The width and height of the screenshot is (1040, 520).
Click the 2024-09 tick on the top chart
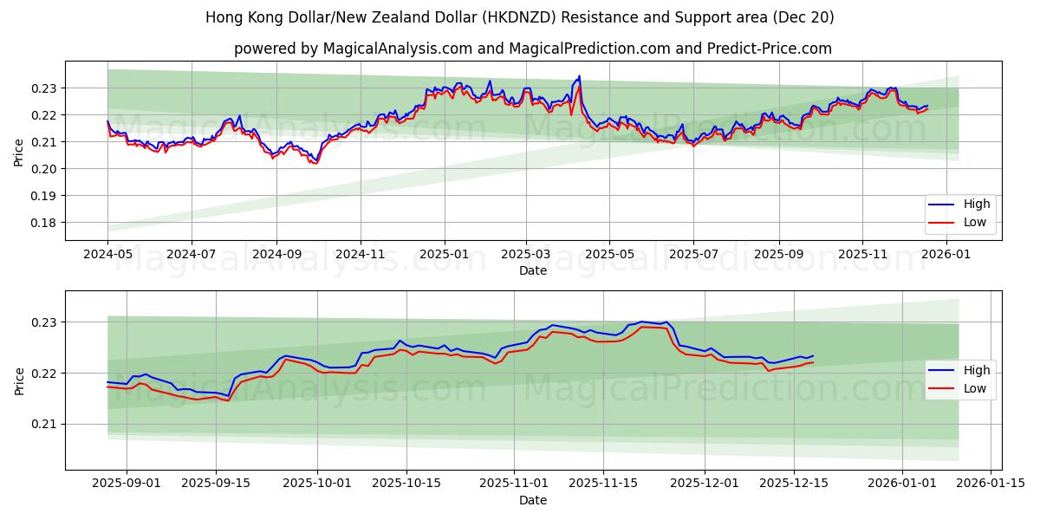point(276,254)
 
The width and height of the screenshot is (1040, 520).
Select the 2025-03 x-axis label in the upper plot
point(525,254)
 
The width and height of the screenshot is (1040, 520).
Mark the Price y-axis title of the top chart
point(19,152)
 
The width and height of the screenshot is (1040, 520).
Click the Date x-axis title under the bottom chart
point(533,500)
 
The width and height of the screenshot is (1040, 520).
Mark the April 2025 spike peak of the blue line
point(579,76)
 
